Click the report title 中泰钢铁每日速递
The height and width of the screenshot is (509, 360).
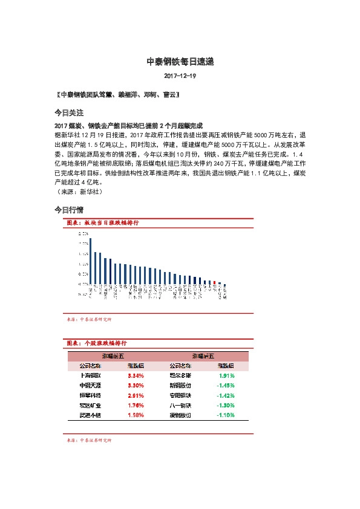coord(180,62)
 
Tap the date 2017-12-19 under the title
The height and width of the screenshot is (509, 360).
coord(180,77)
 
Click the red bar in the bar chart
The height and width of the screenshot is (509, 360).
coord(214,282)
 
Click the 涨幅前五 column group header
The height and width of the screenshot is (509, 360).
coord(113,357)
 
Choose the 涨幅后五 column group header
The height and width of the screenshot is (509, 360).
coord(203,357)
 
